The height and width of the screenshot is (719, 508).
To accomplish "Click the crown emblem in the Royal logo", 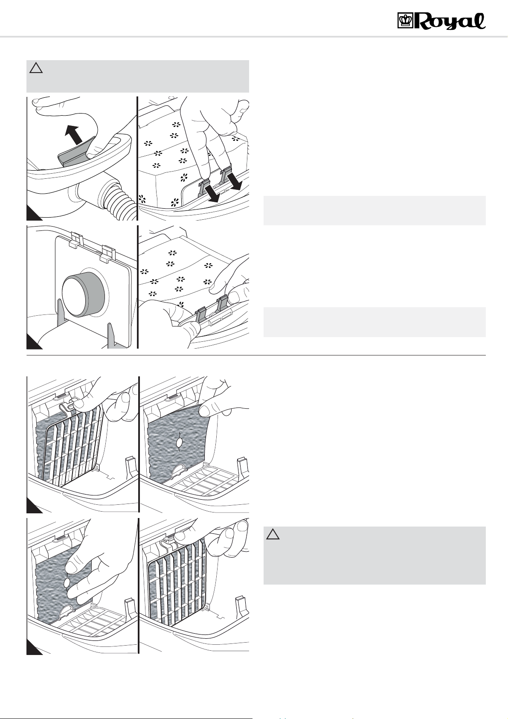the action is coord(405,21).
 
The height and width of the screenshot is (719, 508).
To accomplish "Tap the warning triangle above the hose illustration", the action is coord(36,68).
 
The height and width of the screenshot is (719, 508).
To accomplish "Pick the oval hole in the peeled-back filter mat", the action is coord(180,444).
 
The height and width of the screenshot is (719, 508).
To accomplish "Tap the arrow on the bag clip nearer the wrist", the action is coord(213,193).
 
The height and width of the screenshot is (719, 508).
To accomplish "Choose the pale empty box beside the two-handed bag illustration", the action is coord(374,322).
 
